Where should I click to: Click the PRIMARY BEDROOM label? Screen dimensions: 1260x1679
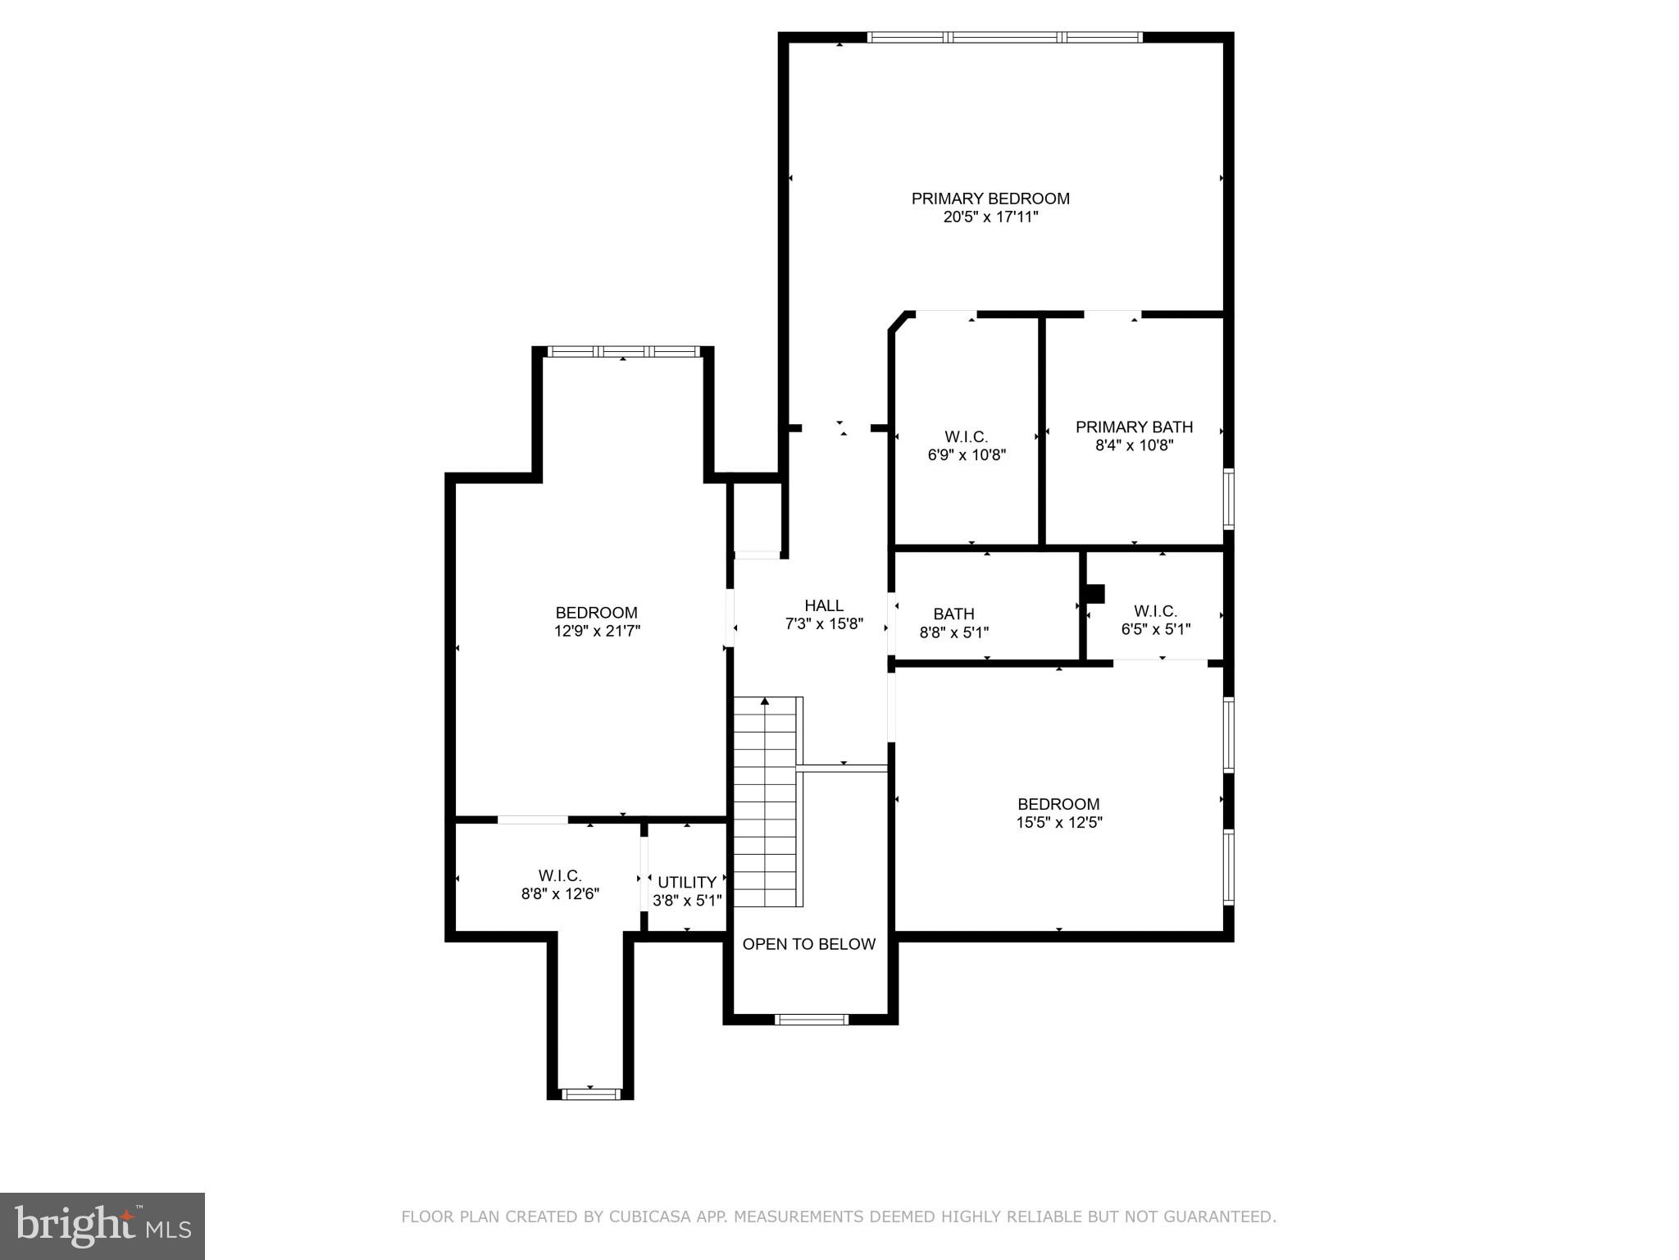(990, 199)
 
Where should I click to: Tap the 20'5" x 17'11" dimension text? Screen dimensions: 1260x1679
(990, 217)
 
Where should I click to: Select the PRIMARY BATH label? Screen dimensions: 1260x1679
(1134, 427)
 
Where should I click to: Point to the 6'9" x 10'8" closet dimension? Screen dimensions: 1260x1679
(967, 455)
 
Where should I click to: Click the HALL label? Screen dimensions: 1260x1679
(823, 605)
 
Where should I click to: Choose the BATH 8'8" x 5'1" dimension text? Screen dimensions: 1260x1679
(953, 632)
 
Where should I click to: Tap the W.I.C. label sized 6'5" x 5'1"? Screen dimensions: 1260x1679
(1155, 611)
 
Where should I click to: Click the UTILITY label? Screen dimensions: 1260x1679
(687, 882)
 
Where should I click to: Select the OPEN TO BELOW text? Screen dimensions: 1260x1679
(809, 944)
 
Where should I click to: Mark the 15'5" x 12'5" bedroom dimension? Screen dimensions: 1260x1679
(1058, 823)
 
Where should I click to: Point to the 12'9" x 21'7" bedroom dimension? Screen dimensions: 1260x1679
(596, 631)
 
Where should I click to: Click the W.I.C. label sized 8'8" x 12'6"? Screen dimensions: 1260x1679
(560, 875)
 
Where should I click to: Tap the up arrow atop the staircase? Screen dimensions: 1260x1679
(765, 701)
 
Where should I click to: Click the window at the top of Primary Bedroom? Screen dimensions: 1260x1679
(1004, 37)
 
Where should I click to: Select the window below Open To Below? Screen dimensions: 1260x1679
(811, 1020)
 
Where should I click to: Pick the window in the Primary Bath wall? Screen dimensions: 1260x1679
(1228, 498)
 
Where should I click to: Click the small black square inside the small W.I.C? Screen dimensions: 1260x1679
(1094, 593)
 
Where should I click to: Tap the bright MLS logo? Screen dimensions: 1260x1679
(102, 1226)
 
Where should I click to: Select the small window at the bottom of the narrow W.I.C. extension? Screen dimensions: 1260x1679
(590, 1093)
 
